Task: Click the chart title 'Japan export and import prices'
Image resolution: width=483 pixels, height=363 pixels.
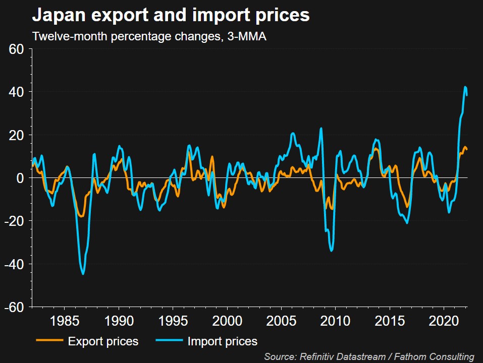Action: [x=171, y=16]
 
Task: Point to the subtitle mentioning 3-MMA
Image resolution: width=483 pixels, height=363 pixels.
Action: [x=149, y=37]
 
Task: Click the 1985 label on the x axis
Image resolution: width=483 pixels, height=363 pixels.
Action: [x=64, y=321]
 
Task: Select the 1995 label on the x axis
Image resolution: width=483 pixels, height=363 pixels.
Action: [x=173, y=321]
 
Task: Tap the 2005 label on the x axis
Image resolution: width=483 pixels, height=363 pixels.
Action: [x=281, y=321]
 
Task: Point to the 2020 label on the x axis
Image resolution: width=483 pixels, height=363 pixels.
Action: [x=444, y=321]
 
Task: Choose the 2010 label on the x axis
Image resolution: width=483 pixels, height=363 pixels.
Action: [x=335, y=321]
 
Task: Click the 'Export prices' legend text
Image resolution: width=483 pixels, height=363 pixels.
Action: [x=103, y=341]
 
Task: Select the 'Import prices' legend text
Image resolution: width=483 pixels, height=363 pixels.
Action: [x=222, y=341]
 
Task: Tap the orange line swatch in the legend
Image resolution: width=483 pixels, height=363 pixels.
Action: [x=49, y=341]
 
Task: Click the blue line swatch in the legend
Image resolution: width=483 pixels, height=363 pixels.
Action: [x=168, y=341]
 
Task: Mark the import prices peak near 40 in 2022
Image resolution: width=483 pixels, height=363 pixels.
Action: [x=465, y=87]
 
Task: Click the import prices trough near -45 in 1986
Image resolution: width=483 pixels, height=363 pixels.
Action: [x=83, y=274]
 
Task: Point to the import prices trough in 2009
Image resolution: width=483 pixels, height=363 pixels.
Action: [x=331, y=251]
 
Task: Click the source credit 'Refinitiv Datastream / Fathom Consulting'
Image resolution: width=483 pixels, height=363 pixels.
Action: [x=369, y=356]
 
